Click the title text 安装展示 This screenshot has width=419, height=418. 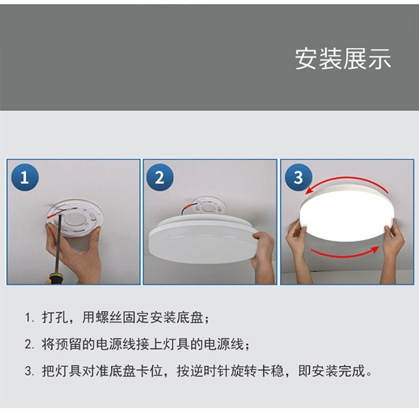click(343, 59)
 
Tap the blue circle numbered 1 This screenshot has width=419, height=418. click(25, 177)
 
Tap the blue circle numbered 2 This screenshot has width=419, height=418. click(160, 177)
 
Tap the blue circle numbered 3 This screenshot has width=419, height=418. click(298, 177)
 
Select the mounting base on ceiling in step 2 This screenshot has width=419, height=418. click(208, 207)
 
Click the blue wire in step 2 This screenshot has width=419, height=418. click(184, 209)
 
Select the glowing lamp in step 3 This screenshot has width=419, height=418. click(347, 213)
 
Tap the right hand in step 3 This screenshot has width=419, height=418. click(393, 252)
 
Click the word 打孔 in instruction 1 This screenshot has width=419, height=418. click(55, 317)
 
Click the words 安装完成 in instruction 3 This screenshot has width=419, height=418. click(338, 371)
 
